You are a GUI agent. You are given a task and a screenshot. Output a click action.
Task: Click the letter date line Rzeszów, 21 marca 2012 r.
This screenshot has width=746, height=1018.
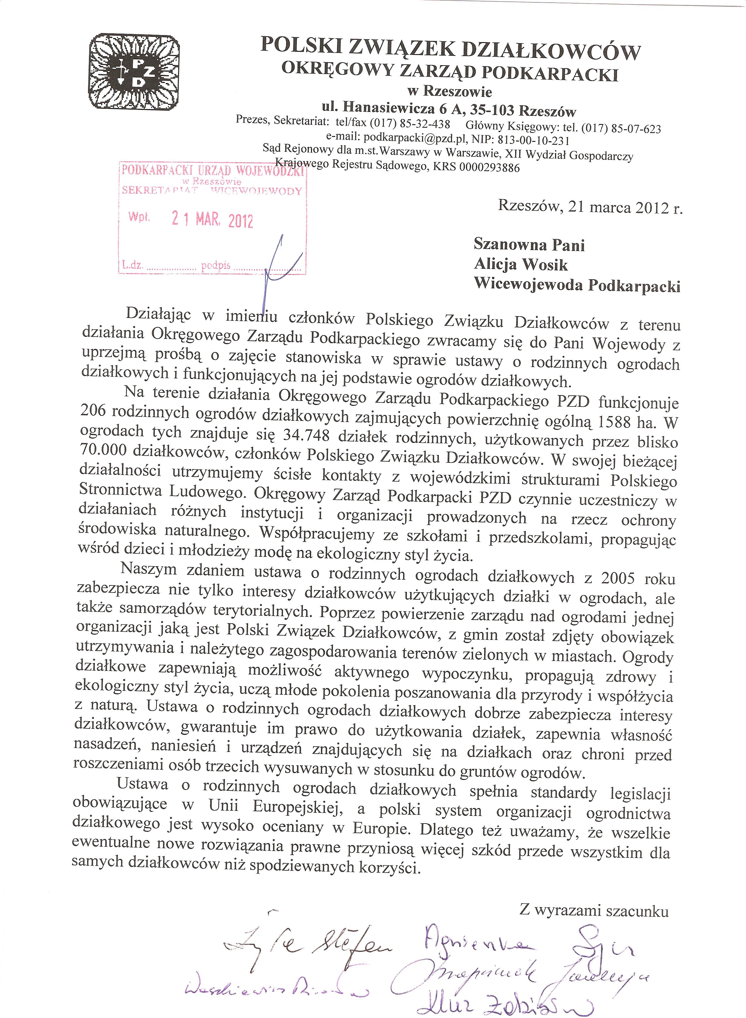[x=590, y=207]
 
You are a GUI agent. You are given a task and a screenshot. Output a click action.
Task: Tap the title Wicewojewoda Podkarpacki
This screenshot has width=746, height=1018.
[x=577, y=285]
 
